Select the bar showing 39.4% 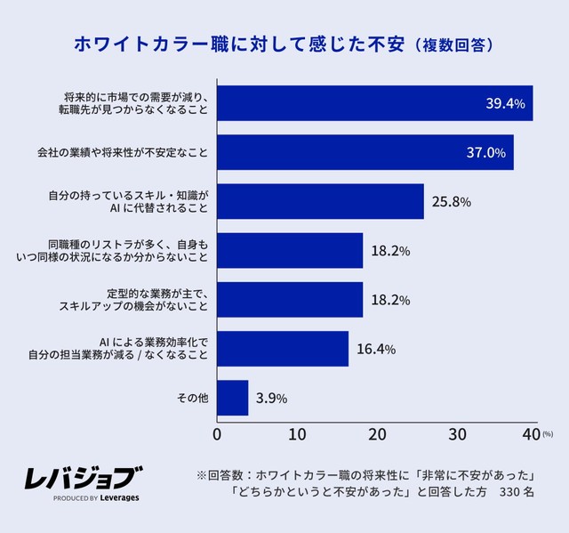coord(374,103)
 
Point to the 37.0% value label coord(485,153)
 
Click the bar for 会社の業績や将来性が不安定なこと coord(365,152)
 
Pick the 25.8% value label coord(451,202)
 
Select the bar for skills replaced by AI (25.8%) coord(320,201)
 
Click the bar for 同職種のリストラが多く coord(290,251)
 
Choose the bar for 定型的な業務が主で coord(290,300)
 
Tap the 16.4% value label coord(375,349)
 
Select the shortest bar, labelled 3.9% coord(233,398)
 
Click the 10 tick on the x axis coord(297,434)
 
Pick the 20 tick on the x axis coord(377,434)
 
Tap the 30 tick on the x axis coord(457,434)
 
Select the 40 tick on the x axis coord(532,434)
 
